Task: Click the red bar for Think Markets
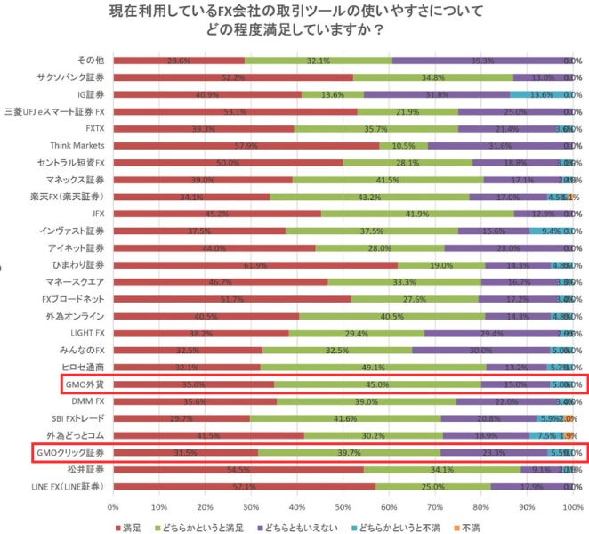[246, 145]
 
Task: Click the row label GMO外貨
[85, 384]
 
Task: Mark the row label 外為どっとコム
[76, 435]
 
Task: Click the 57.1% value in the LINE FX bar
[244, 486]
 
